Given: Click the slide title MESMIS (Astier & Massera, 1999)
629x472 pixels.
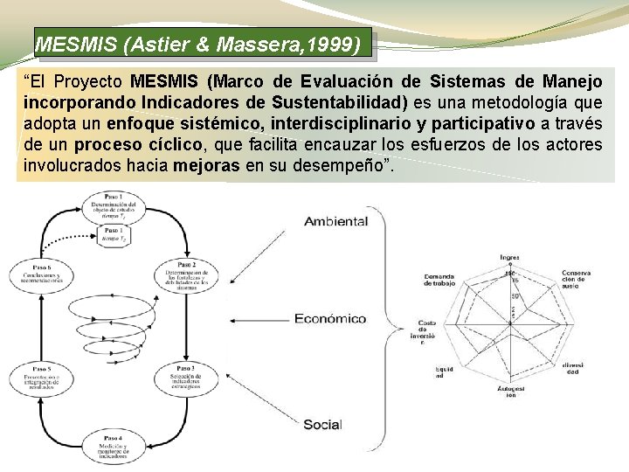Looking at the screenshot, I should point(197,43).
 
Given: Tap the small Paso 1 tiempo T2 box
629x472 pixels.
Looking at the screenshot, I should point(113,235).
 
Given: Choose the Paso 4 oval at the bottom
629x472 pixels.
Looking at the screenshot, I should point(113,447).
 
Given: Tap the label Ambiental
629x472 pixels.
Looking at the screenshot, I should point(335,221).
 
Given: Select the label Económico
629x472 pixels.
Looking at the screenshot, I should point(330,319).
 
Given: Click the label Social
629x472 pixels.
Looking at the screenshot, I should point(321,425).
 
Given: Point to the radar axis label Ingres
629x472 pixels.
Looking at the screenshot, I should point(509,257).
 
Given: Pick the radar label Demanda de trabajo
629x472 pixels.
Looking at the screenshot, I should point(439,280).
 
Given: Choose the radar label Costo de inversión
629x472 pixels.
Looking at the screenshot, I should point(427,328).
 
